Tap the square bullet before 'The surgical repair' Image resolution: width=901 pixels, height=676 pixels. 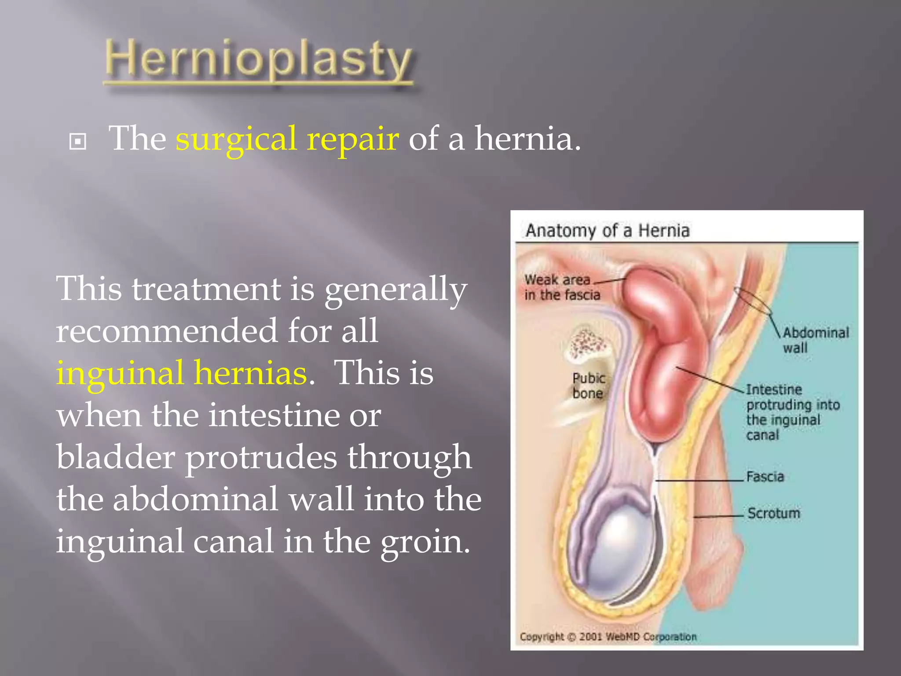point(78,142)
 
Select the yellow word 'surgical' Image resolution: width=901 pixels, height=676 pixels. point(236,139)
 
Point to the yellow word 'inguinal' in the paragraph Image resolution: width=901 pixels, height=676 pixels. point(120,372)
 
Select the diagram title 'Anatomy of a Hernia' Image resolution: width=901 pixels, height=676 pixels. point(608,231)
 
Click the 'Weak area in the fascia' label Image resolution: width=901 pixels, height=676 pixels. point(562,287)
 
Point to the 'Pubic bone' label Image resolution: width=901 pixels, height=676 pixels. point(589,385)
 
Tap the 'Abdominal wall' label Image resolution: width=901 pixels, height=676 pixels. point(815,340)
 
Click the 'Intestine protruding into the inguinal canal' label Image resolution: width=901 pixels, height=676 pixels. point(792,412)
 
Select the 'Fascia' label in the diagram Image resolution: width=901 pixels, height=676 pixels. point(765,477)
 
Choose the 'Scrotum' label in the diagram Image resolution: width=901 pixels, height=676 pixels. point(773,513)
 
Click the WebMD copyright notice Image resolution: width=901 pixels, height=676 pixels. point(608,637)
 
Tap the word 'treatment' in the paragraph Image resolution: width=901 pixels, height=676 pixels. point(206,289)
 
